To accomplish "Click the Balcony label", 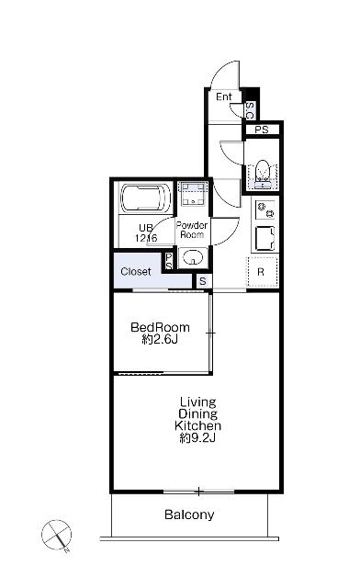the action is [189, 514].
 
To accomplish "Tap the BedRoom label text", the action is [160, 327].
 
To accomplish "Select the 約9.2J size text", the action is [197, 437].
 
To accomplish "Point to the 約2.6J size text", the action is [160, 339].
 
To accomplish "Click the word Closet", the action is [136, 271].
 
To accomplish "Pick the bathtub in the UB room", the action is [146, 198].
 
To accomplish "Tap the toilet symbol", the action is [262, 174].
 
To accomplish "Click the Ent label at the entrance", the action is [224, 96].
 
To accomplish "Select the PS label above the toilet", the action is [262, 130].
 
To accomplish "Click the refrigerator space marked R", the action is [262, 272].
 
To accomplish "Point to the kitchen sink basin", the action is [264, 238].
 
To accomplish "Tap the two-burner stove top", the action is [264, 210].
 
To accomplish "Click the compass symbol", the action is [57, 536].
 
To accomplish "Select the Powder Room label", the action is [192, 230].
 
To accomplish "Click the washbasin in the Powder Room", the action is [193, 257].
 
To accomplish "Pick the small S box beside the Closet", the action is [202, 281].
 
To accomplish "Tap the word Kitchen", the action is [198, 425].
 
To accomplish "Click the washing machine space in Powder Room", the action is [194, 194].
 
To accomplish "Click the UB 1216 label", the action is [146, 232].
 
